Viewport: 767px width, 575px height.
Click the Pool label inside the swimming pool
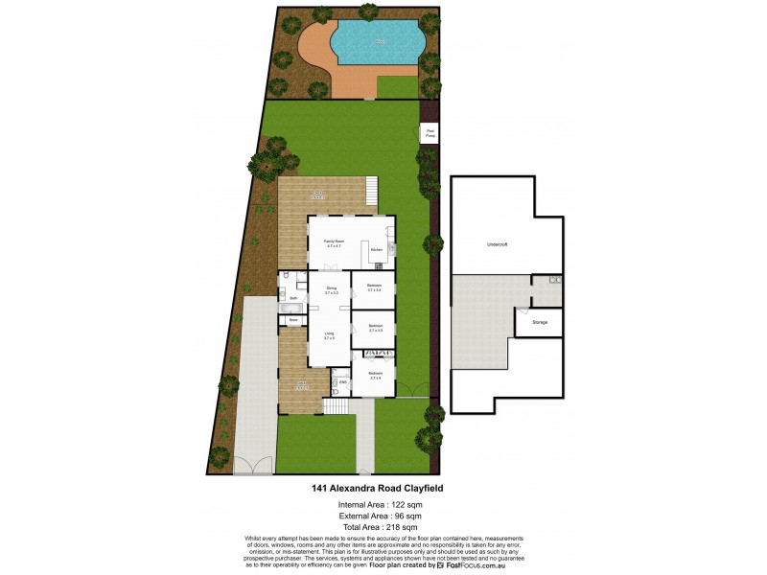coord(382,41)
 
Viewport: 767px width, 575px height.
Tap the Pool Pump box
coord(430,134)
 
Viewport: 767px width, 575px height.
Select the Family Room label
coord(333,243)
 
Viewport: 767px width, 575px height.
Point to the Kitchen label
coord(377,251)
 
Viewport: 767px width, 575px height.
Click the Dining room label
coord(330,289)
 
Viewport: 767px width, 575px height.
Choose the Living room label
coord(329,335)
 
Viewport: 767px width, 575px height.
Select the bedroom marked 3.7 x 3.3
coord(376,328)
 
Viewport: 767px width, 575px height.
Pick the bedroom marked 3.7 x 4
coord(376,375)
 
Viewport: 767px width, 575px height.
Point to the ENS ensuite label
coord(342,382)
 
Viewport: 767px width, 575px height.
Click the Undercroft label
coord(497,245)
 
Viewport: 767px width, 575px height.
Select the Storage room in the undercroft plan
coord(540,323)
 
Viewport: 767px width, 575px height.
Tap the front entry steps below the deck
coord(336,406)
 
